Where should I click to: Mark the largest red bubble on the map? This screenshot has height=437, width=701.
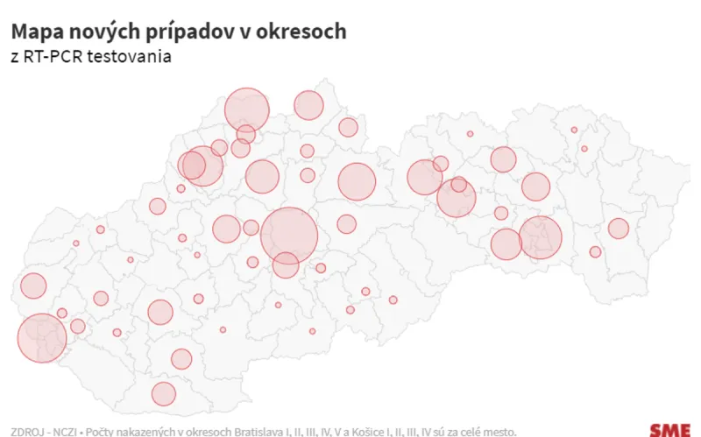pos(289,235)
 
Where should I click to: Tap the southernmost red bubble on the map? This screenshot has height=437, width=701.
pos(164,394)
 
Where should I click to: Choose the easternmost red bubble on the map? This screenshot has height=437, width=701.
pos(619,229)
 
